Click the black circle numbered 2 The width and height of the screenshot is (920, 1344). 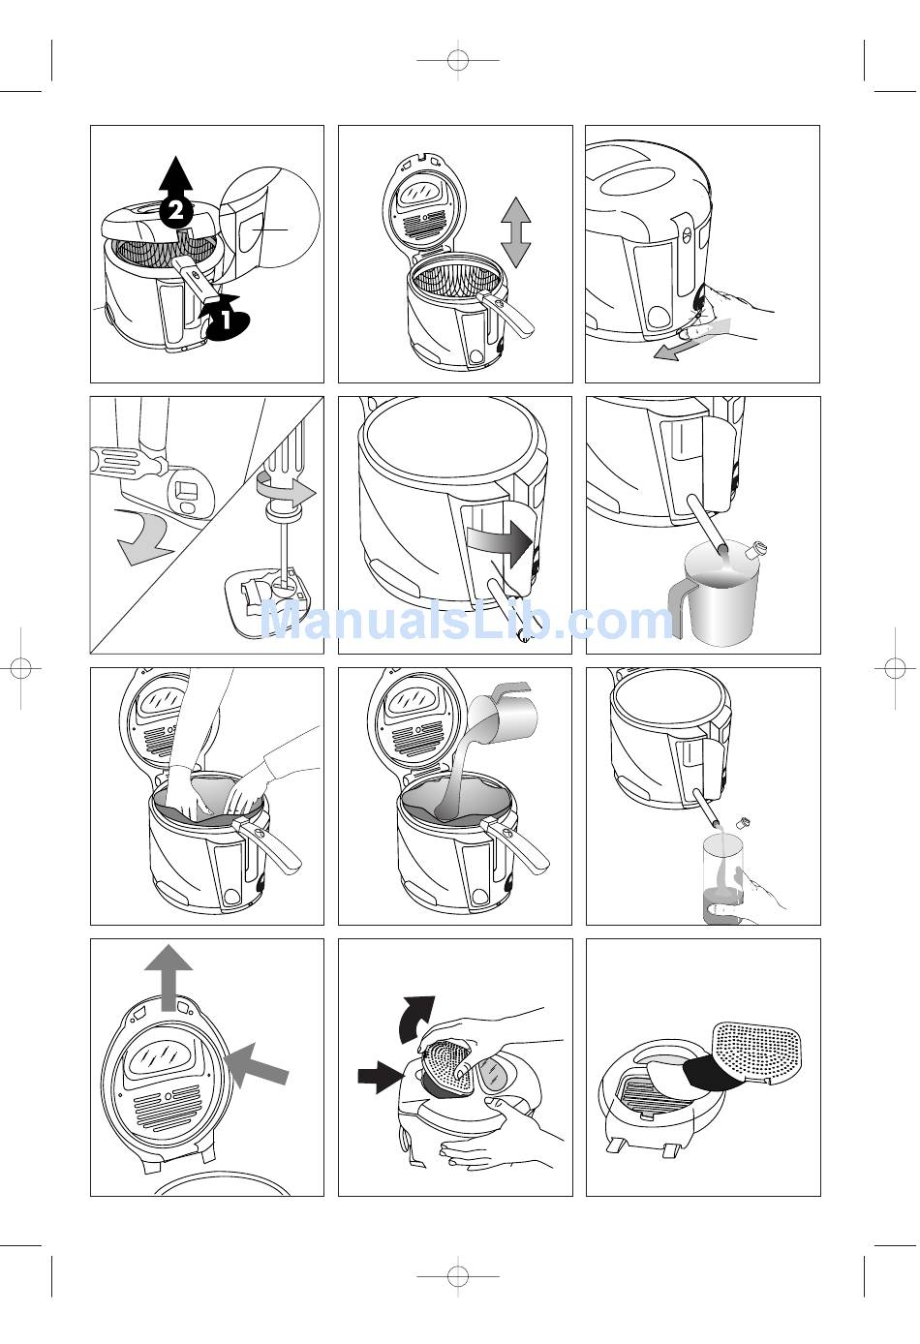point(175,210)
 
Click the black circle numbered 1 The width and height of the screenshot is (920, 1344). point(227,320)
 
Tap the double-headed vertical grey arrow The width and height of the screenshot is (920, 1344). point(515,232)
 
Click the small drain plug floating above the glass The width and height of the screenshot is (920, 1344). point(744,821)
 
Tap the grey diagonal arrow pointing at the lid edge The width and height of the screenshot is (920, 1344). point(257,1065)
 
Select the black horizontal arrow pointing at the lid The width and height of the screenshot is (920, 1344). point(381,1075)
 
